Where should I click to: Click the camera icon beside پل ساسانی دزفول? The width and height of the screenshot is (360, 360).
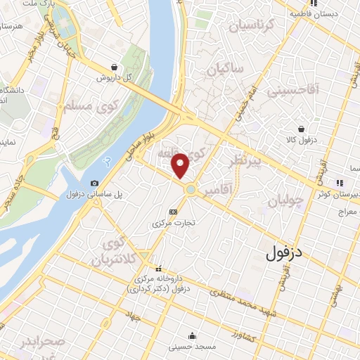[95, 183]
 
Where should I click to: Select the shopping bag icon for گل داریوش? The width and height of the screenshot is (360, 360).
[114, 67]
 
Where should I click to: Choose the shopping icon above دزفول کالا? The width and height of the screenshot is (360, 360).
[302, 129]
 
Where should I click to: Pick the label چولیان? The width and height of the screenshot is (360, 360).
[285, 200]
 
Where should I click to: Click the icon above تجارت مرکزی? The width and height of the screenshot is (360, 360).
[173, 212]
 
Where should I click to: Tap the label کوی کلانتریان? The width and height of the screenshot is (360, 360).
[115, 252]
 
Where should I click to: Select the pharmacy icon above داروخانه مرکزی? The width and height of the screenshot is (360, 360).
[158, 269]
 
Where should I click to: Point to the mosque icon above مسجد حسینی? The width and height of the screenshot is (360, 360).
[192, 335]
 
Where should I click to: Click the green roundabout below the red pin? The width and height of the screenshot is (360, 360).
[190, 189]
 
